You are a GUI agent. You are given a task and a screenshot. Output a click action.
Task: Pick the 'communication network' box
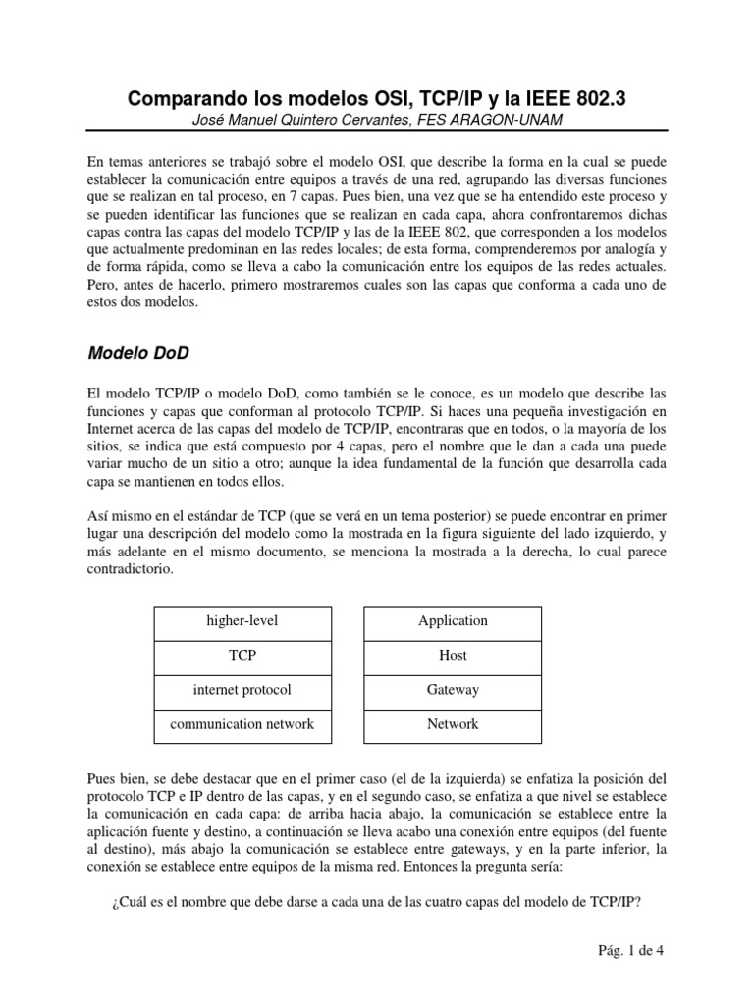click(242, 724)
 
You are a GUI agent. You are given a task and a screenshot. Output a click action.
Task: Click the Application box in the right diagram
click(453, 621)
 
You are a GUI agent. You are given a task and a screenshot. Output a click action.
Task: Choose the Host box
click(453, 656)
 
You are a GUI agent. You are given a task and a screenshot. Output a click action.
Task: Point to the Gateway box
click(453, 690)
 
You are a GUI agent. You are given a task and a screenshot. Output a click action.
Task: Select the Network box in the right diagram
click(453, 724)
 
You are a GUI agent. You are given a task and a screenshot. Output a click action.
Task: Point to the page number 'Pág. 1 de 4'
click(631, 950)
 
